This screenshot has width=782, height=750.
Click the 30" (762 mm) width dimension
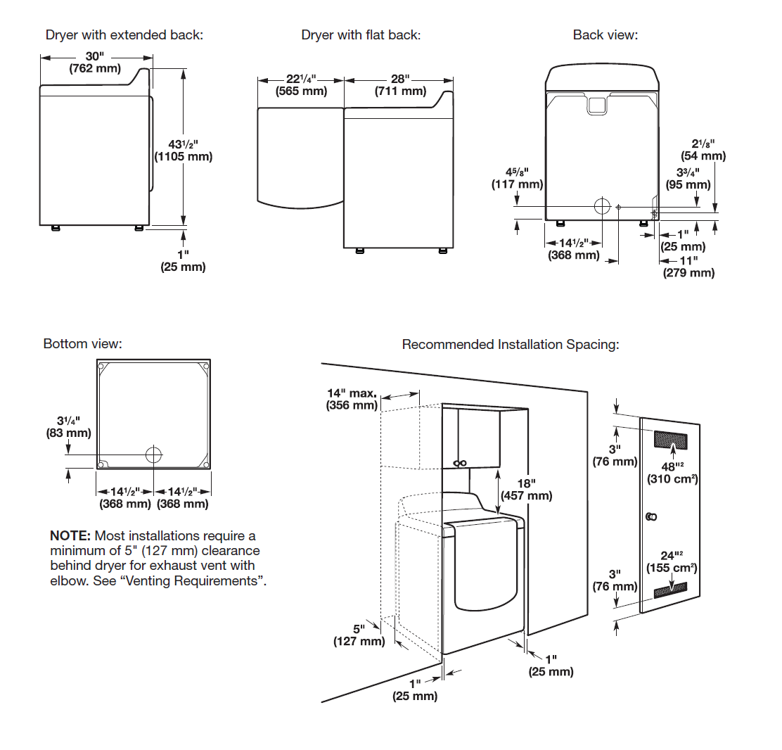point(95,63)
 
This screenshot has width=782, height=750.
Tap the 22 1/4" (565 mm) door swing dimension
point(301,85)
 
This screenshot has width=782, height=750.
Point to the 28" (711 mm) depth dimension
point(399,85)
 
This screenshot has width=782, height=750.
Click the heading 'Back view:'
point(605,35)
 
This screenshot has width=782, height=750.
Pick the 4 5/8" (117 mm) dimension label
point(517,178)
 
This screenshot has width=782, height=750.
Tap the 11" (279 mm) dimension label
point(688,267)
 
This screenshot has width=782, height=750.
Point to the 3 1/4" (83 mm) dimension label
point(68,427)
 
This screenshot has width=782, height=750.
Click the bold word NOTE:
point(70,536)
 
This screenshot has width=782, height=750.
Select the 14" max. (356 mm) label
point(352,399)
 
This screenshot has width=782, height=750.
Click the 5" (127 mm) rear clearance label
point(359,635)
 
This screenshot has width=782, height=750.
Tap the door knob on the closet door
point(651,517)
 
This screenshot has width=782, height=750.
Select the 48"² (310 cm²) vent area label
point(672,473)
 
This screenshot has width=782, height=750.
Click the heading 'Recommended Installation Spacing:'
point(510,345)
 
